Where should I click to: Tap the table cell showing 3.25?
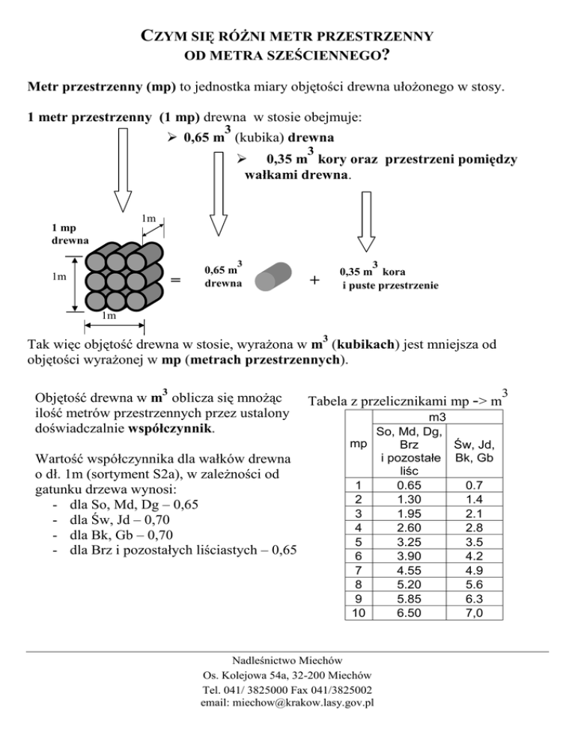[x=409, y=541]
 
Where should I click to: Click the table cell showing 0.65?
[x=409, y=484]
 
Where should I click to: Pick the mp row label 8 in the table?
[x=359, y=584]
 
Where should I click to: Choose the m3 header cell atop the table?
[x=435, y=415]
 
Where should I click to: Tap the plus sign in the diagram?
[x=314, y=280]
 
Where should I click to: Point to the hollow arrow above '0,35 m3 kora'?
[x=365, y=221]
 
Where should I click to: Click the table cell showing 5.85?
[x=409, y=598]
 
